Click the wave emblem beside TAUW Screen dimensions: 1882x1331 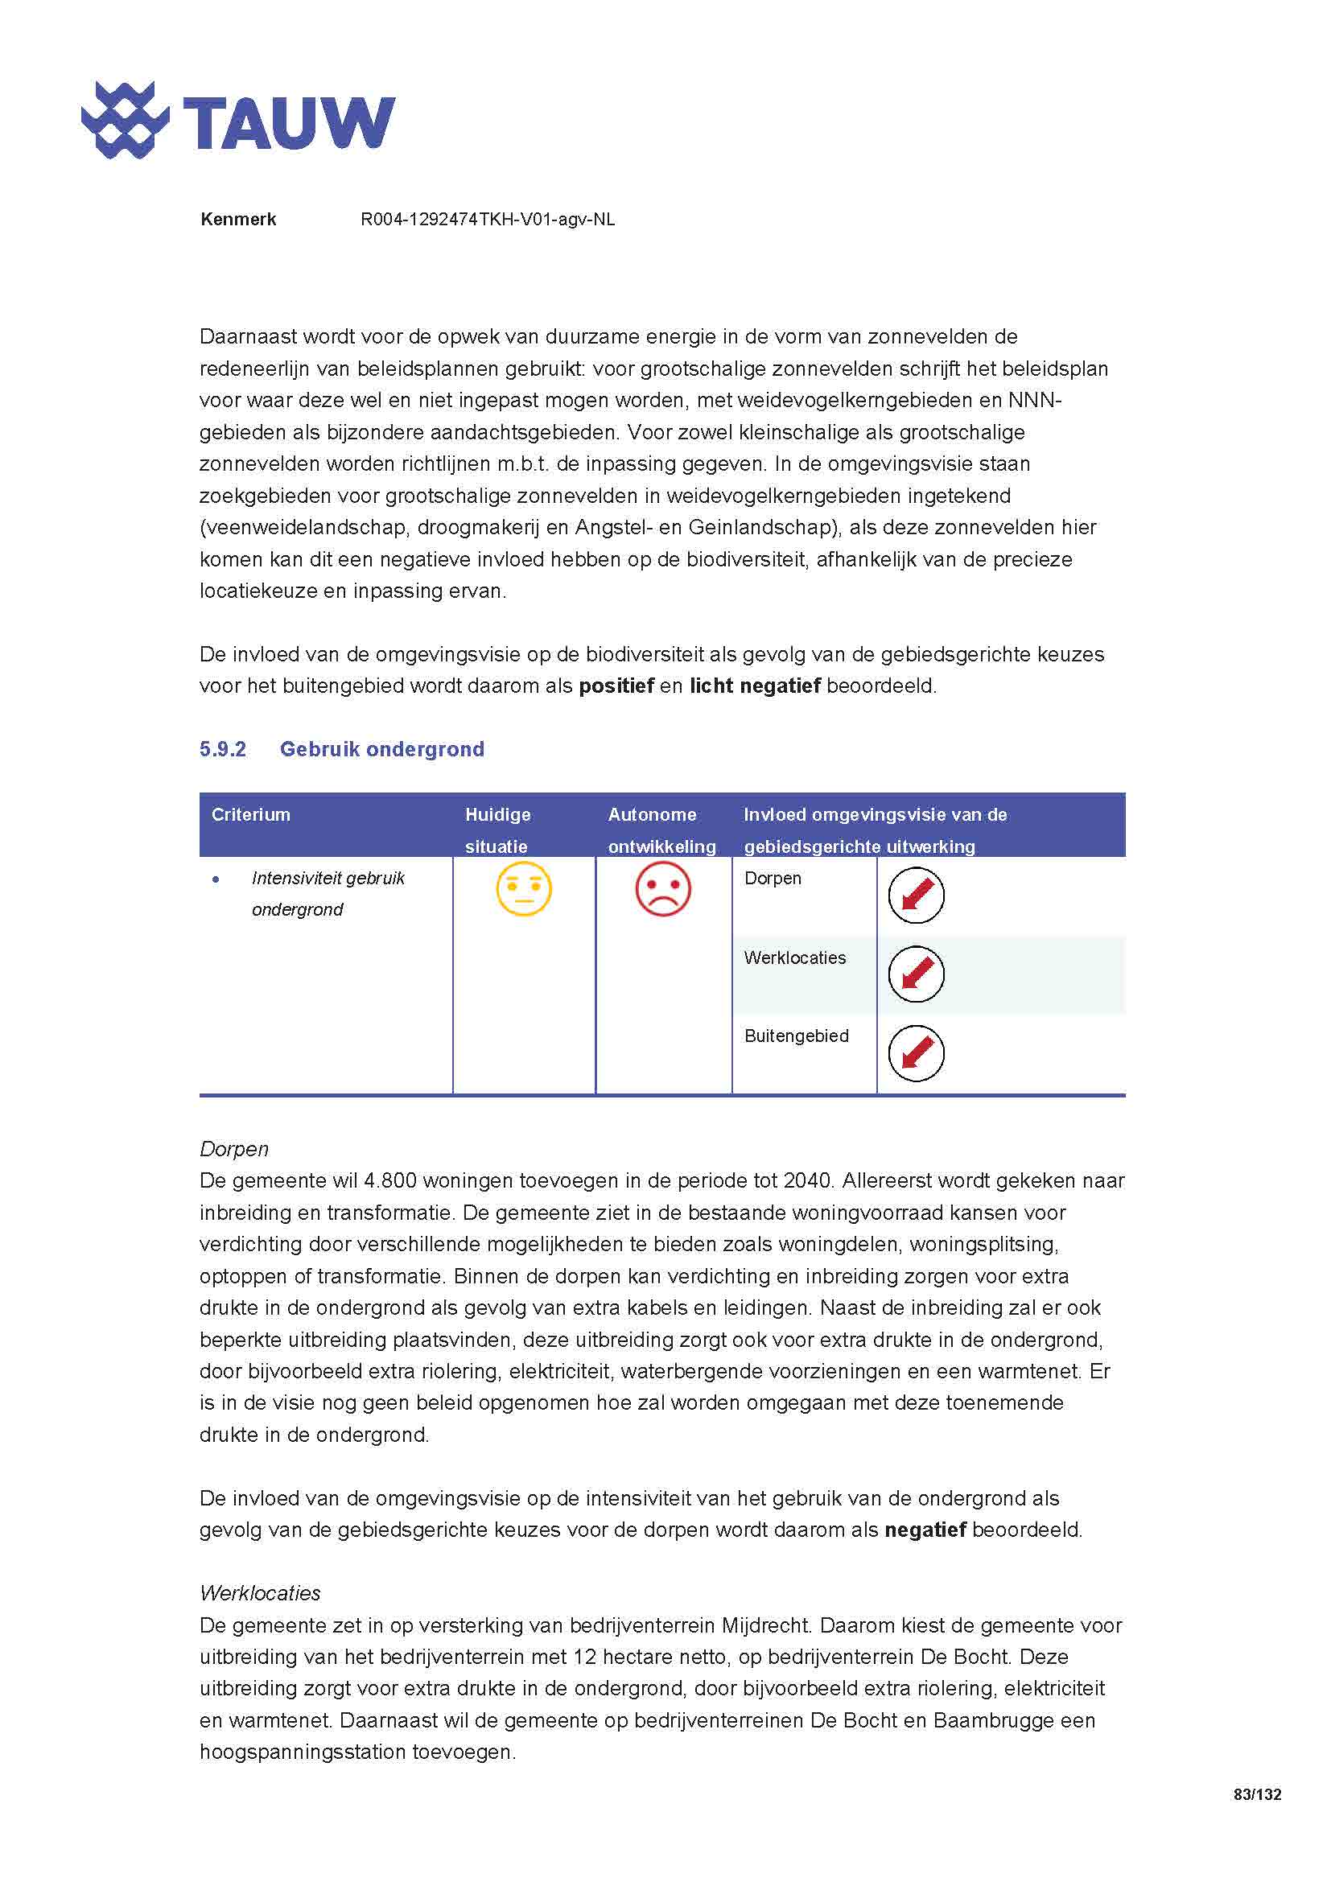click(125, 121)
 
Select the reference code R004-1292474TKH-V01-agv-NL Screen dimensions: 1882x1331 click(488, 220)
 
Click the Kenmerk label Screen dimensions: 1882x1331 click(237, 220)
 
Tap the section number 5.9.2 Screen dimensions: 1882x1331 click(222, 749)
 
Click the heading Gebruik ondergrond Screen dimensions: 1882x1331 click(382, 749)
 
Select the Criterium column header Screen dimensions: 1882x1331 click(251, 815)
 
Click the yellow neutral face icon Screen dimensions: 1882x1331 click(524, 889)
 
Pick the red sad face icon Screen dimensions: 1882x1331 click(663, 889)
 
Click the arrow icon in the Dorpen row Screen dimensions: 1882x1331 click(917, 895)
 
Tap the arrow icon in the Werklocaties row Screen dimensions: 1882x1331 click(917, 974)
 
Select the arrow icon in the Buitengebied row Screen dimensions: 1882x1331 click(917, 1053)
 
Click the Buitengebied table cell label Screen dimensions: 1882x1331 click(796, 1036)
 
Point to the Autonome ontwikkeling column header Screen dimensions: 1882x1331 click(661, 830)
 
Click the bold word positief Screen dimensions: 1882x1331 click(616, 686)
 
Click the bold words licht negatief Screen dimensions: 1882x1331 click(755, 686)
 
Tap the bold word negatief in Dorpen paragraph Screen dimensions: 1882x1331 click(925, 1530)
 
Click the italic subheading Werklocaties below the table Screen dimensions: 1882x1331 click(260, 1593)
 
